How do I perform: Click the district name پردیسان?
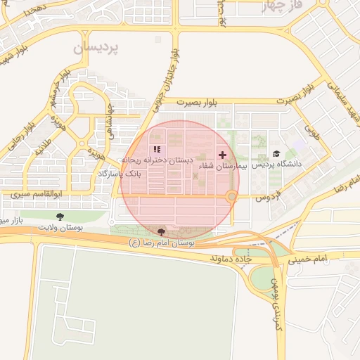pyautogui.click(x=96, y=47)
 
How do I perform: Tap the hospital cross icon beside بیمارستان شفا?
pyautogui.click(x=223, y=155)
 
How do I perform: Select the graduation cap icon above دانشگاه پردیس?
pyautogui.click(x=276, y=153)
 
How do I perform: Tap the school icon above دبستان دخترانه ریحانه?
pyautogui.click(x=157, y=149)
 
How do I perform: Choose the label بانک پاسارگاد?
pyautogui.click(x=118, y=172)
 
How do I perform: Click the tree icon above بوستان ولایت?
pyautogui.click(x=58, y=217)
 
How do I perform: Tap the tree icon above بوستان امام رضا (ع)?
pyautogui.click(x=161, y=232)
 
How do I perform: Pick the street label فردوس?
pyautogui.click(x=267, y=195)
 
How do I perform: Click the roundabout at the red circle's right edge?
pyautogui.click(x=231, y=197)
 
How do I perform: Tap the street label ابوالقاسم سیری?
pyautogui.click(x=49, y=192)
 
